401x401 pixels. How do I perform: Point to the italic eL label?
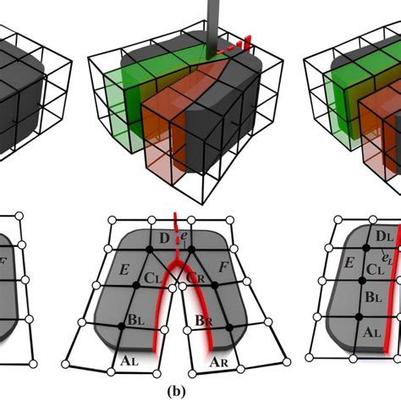point(387,256)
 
